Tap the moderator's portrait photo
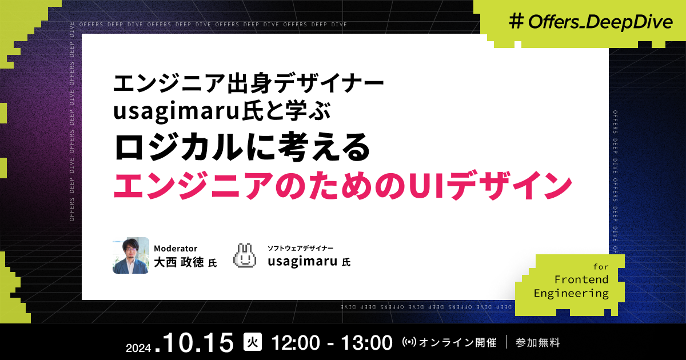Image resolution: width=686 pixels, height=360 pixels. point(131,255)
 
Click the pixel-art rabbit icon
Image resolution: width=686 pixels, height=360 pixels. point(246,256)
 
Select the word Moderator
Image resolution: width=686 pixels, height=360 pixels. point(176,249)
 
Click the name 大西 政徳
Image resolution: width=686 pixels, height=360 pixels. point(179,262)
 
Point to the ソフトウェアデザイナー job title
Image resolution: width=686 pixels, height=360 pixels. point(300,249)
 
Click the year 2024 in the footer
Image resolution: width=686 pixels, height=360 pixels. point(138,347)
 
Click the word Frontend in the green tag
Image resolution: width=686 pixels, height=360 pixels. point(581,279)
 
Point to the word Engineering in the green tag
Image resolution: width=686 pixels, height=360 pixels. point(571,293)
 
